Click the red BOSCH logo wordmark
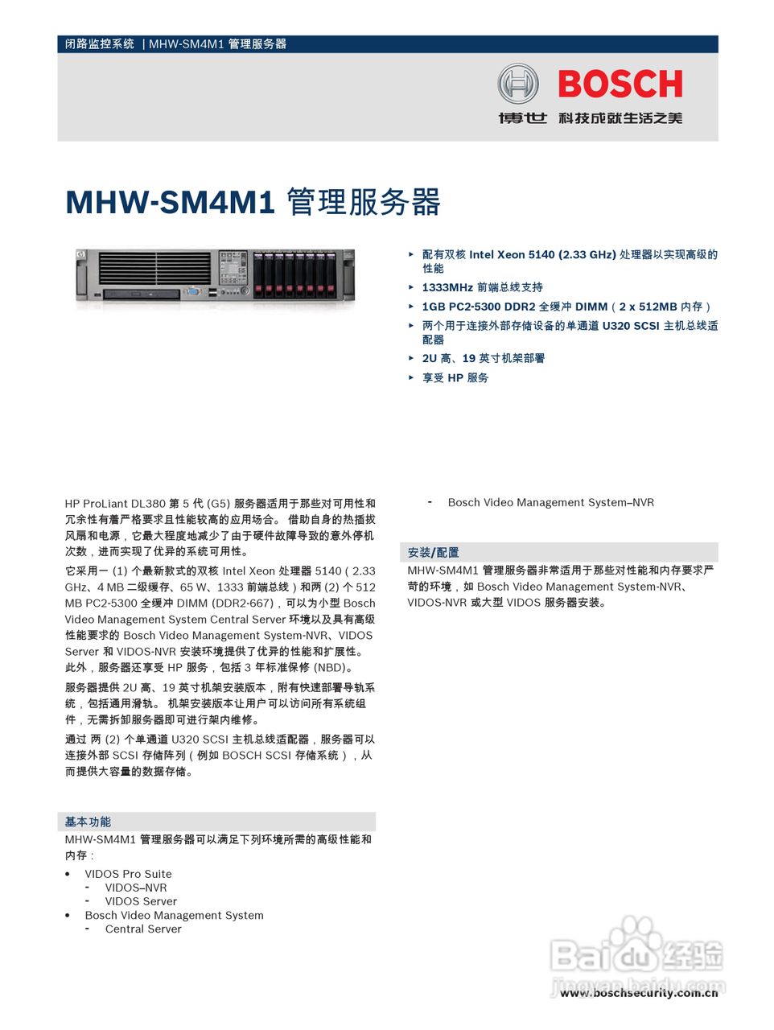click(620, 84)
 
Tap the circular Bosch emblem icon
click(517, 84)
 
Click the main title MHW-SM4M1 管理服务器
click(253, 202)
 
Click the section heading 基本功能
click(88, 822)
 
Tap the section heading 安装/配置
click(433, 553)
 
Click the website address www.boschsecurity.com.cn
click(639, 993)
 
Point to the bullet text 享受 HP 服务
click(455, 377)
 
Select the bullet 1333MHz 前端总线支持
click(482, 287)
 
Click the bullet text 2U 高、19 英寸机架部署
click(483, 358)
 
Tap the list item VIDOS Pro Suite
click(128, 874)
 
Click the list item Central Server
click(143, 929)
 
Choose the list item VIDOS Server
click(141, 901)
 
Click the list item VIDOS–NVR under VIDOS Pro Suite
click(136, 888)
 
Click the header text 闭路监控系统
click(100, 44)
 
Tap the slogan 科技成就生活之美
click(620, 118)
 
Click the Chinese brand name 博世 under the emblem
click(522, 118)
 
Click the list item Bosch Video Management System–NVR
click(550, 502)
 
